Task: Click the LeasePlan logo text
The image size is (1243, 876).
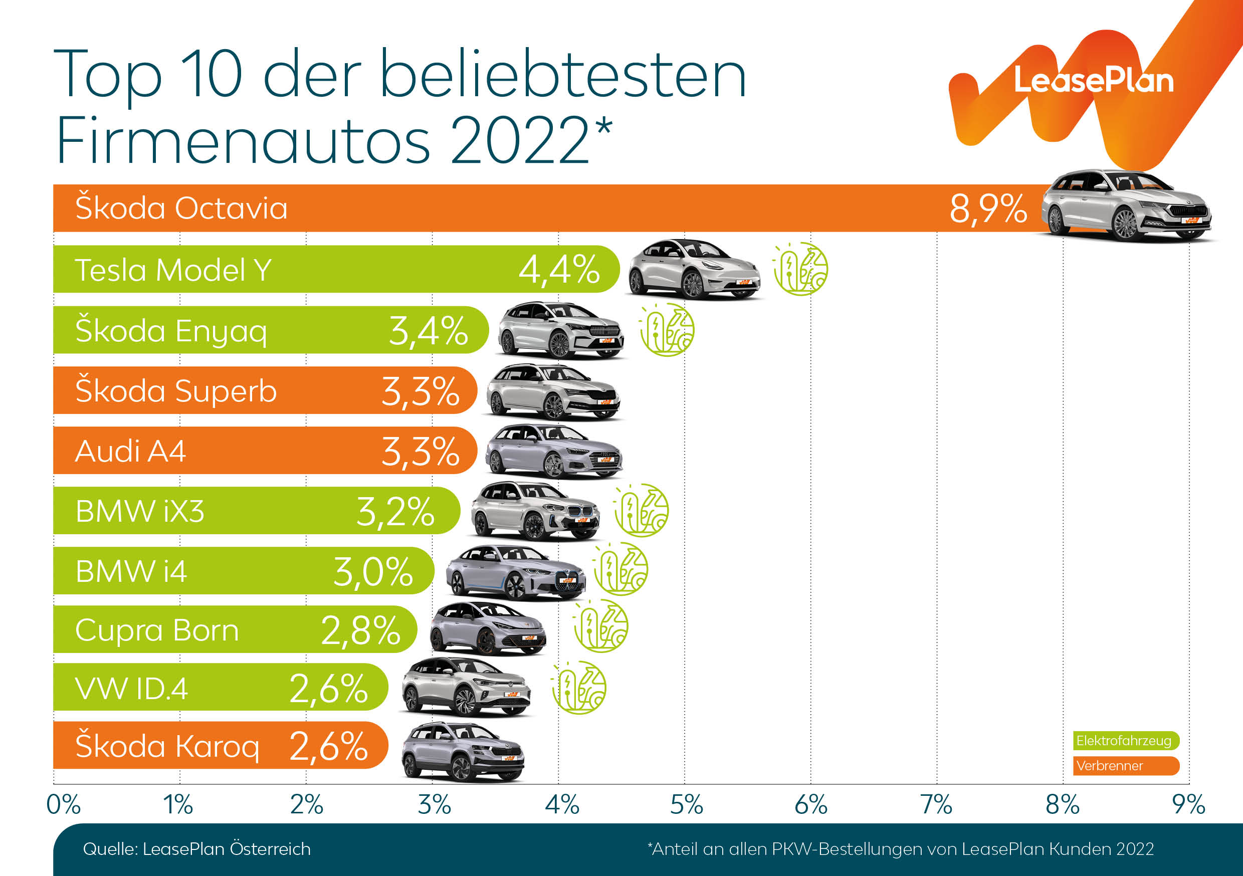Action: click(x=1093, y=81)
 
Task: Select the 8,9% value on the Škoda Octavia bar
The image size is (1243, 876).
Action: click(x=988, y=208)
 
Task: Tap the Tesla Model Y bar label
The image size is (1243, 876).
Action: click(x=173, y=270)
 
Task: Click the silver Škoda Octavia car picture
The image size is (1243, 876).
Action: click(x=1126, y=206)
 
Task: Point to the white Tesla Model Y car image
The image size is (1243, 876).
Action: click(x=694, y=270)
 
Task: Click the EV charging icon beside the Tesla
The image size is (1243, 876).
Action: click(x=800, y=269)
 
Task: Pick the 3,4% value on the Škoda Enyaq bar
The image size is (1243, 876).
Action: click(x=428, y=331)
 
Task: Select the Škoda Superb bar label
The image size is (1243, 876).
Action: click(x=176, y=391)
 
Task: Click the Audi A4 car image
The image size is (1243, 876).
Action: click(x=553, y=452)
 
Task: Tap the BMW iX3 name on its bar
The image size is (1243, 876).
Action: click(x=140, y=511)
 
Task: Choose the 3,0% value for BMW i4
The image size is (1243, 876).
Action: click(x=373, y=572)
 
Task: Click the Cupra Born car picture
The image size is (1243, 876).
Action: click(x=488, y=628)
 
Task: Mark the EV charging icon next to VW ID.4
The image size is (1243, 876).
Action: click(x=579, y=688)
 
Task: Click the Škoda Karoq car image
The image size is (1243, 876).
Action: click(x=463, y=752)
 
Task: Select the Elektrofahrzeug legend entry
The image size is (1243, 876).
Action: click(x=1126, y=741)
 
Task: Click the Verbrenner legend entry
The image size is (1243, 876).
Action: click(x=1126, y=766)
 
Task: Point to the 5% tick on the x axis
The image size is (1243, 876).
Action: click(x=686, y=804)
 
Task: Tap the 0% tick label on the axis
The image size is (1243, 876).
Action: click(x=63, y=804)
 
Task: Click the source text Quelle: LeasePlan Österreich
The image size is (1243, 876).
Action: click(x=196, y=849)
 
